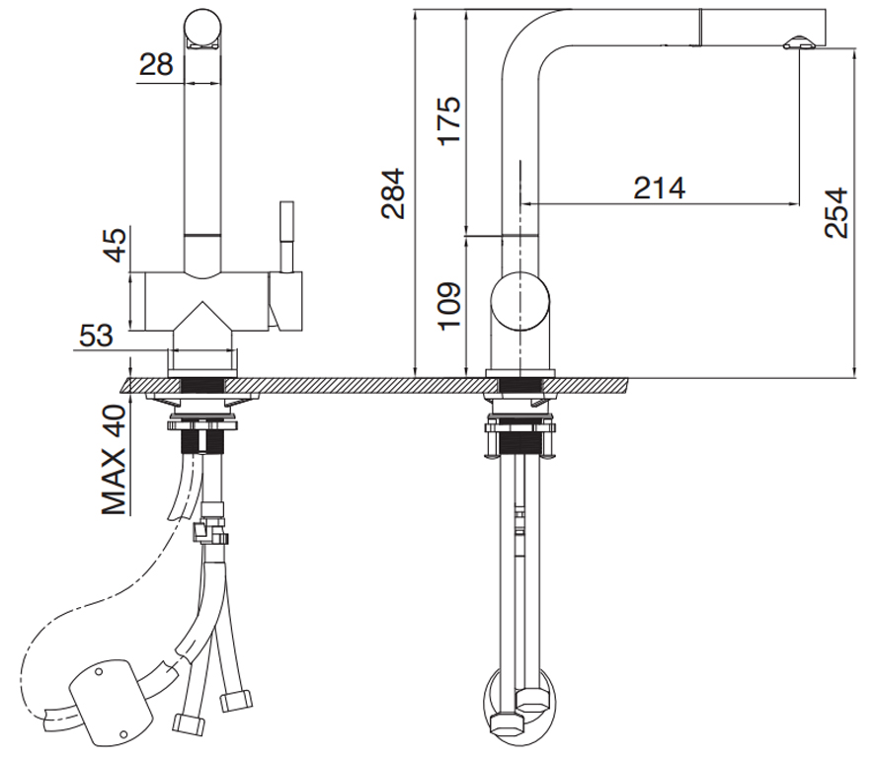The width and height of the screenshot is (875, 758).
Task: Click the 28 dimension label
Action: point(156,64)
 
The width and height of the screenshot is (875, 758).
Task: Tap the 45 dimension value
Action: point(117,246)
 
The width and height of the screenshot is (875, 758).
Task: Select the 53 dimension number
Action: point(96,336)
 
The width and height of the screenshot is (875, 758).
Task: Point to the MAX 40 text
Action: point(115,460)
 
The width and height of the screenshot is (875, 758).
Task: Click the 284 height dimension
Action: point(392,193)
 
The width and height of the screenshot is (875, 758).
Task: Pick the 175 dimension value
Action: point(449,121)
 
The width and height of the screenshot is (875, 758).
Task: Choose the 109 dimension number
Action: point(449,306)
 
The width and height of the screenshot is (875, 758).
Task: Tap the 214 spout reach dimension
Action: point(659,188)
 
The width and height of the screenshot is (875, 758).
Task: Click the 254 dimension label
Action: point(835,213)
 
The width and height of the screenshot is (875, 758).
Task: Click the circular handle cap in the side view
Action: point(520,301)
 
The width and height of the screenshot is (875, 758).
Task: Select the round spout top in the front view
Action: point(202,28)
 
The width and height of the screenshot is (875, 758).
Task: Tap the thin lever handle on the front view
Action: point(286,237)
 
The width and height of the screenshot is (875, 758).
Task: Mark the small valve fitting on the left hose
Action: point(210,526)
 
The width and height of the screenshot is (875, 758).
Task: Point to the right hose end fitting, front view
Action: point(237,701)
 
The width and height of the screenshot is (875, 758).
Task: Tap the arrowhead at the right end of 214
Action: point(795,203)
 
